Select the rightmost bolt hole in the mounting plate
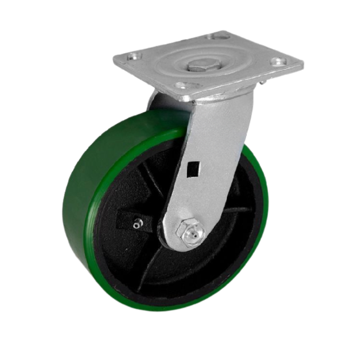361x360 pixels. pos(278,62)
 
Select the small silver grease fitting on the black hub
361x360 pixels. pos(136,225)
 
